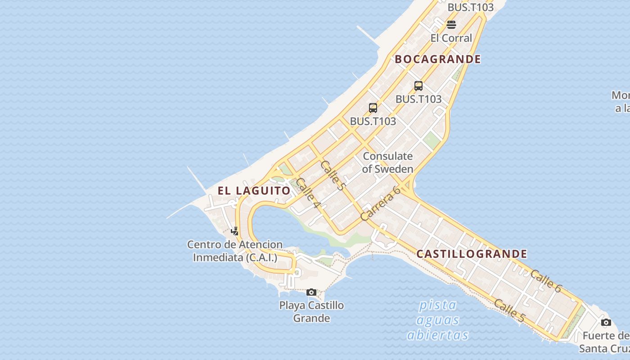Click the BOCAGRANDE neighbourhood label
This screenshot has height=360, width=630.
coord(437,59)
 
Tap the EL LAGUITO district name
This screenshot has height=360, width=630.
coord(254,190)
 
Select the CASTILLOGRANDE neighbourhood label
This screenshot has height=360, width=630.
coord(472,254)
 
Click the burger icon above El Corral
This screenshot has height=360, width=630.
coord(451,25)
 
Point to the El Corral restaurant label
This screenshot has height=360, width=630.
coord(451,38)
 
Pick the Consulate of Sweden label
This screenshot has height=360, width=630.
coord(387,162)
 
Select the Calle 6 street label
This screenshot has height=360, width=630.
coord(546,281)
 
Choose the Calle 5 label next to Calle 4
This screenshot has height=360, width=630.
coord(333,175)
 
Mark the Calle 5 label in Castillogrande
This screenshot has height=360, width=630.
coord(509,310)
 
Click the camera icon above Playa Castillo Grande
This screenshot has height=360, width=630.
coord(311,292)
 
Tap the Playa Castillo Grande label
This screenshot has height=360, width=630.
coord(311,311)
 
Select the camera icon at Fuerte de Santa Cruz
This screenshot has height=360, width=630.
coord(606,322)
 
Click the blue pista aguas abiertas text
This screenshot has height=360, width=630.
coord(437,320)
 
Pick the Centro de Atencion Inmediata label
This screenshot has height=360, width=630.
coord(235,251)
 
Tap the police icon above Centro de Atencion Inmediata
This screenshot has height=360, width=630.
coord(234,231)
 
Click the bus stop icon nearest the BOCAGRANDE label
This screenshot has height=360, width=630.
coord(418,85)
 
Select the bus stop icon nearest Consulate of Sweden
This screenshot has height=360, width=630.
coord(373,108)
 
